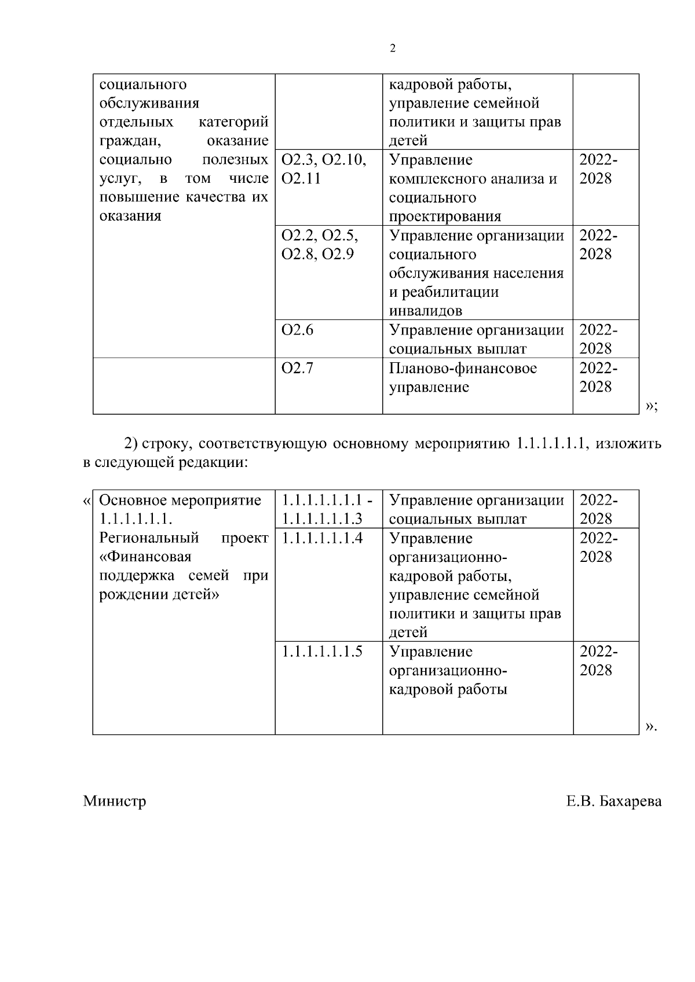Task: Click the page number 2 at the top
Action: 393,49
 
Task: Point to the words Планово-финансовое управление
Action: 462,377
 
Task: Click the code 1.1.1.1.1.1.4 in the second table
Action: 322,538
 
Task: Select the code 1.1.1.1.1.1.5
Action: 322,652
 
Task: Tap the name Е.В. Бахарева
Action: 614,801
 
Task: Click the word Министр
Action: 115,801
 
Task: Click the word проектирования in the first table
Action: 445,216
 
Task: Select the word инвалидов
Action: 426,311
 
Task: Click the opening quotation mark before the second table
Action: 87,500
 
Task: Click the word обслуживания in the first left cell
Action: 149,103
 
